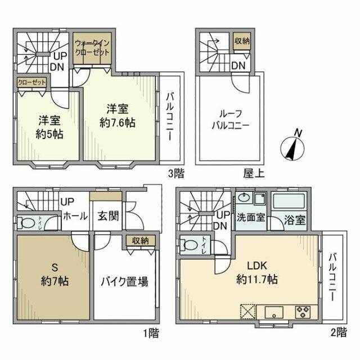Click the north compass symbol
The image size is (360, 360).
[x=293, y=145]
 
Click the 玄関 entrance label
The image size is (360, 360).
[x=108, y=216]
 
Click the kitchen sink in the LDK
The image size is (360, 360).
[x=275, y=311]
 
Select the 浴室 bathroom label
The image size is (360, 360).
[x=294, y=219]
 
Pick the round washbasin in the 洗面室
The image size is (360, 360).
[x=244, y=198]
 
